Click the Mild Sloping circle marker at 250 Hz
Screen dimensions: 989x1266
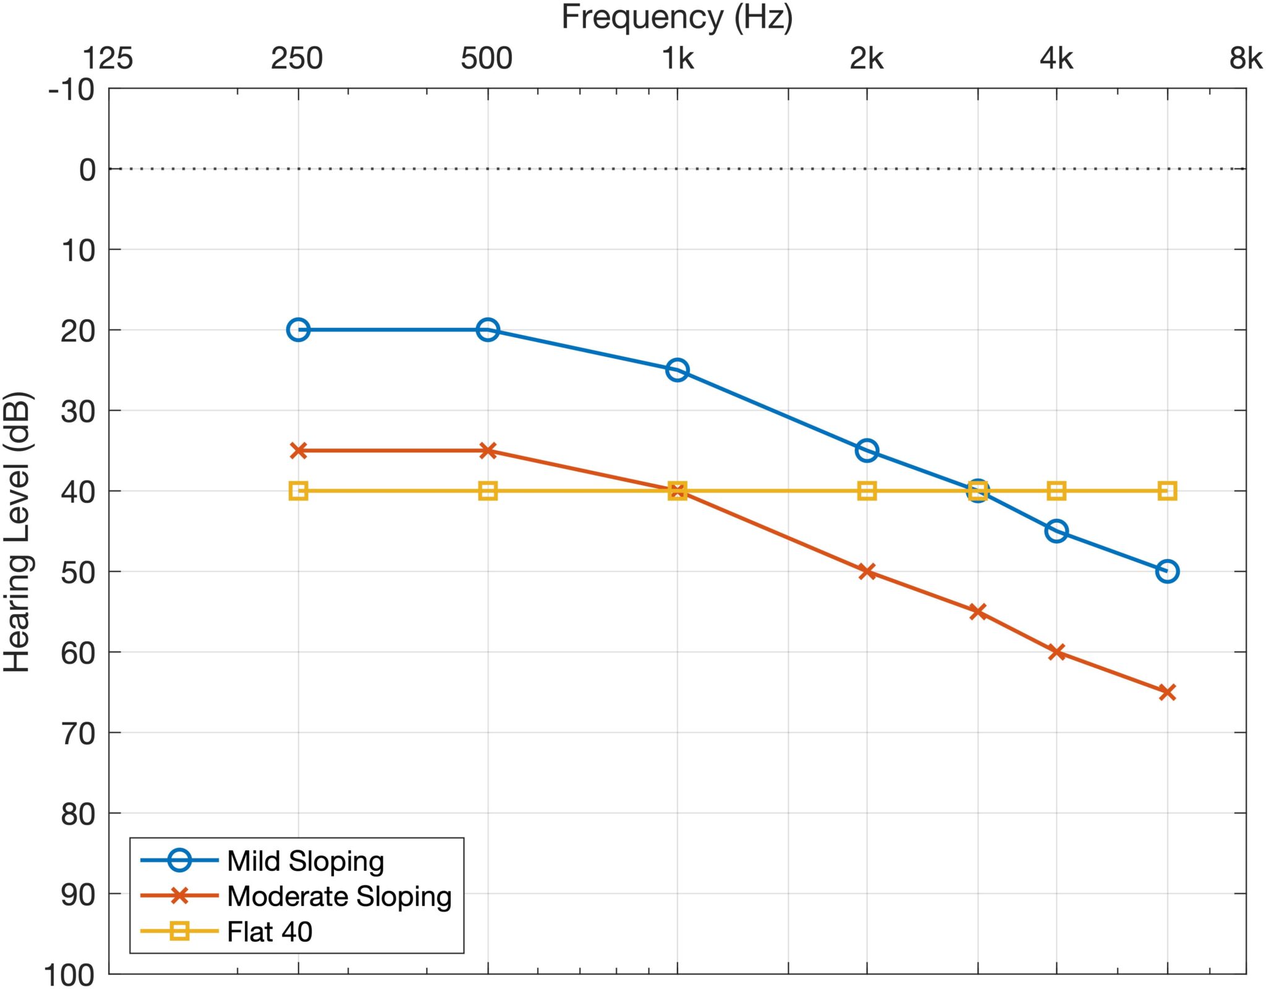(298, 330)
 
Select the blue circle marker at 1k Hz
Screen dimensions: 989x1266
(678, 370)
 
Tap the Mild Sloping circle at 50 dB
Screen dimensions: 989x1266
(1167, 571)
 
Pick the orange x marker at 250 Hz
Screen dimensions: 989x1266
(299, 450)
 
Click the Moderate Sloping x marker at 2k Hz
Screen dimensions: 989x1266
(867, 571)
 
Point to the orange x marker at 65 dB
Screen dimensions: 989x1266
(1167, 692)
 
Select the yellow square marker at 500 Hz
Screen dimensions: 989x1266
(488, 491)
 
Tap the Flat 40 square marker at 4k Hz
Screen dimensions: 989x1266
(1056, 491)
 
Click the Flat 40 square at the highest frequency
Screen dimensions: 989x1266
(1167, 491)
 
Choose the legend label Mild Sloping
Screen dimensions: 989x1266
(305, 861)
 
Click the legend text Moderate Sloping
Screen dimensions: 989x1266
(339, 896)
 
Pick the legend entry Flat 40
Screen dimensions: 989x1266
(270, 931)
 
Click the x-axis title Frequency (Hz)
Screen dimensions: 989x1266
(677, 17)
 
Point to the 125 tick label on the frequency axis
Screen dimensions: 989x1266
(108, 59)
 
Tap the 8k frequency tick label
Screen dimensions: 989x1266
(1245, 59)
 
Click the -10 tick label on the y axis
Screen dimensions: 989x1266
(72, 90)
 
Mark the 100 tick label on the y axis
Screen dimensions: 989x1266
(69, 975)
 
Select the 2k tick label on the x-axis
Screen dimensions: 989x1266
(867, 59)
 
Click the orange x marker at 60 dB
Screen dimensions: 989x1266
(1056, 652)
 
